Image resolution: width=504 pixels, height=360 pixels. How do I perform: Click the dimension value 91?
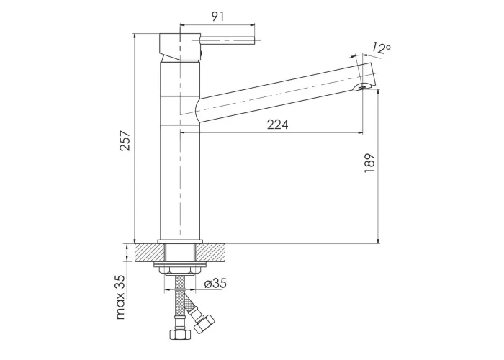218,17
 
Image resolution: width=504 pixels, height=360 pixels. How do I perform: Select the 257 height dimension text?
125,141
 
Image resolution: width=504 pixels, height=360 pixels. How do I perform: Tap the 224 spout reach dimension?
278,125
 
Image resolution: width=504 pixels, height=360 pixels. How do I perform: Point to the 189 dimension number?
369,163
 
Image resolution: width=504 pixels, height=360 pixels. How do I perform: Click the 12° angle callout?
382,48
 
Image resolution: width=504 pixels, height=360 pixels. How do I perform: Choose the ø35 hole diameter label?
215,283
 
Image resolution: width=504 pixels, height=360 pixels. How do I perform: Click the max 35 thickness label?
120,297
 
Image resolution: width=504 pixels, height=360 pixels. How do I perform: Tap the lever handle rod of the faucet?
228,40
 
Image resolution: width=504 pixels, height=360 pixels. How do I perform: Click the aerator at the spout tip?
363,87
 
